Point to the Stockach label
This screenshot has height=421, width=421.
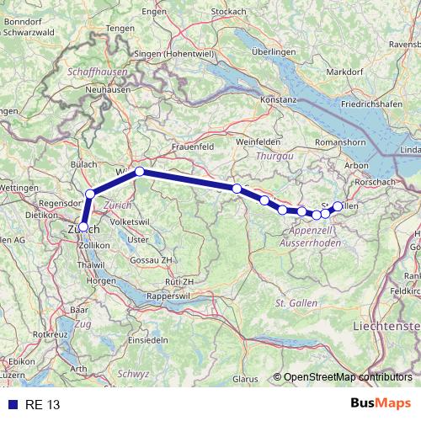point(228,11)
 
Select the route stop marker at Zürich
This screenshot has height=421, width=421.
point(83,226)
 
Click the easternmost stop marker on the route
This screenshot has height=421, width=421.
point(338,205)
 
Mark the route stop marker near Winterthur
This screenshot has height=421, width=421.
point(140,172)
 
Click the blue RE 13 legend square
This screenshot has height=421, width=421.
point(13,405)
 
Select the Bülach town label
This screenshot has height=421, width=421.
point(84,164)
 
